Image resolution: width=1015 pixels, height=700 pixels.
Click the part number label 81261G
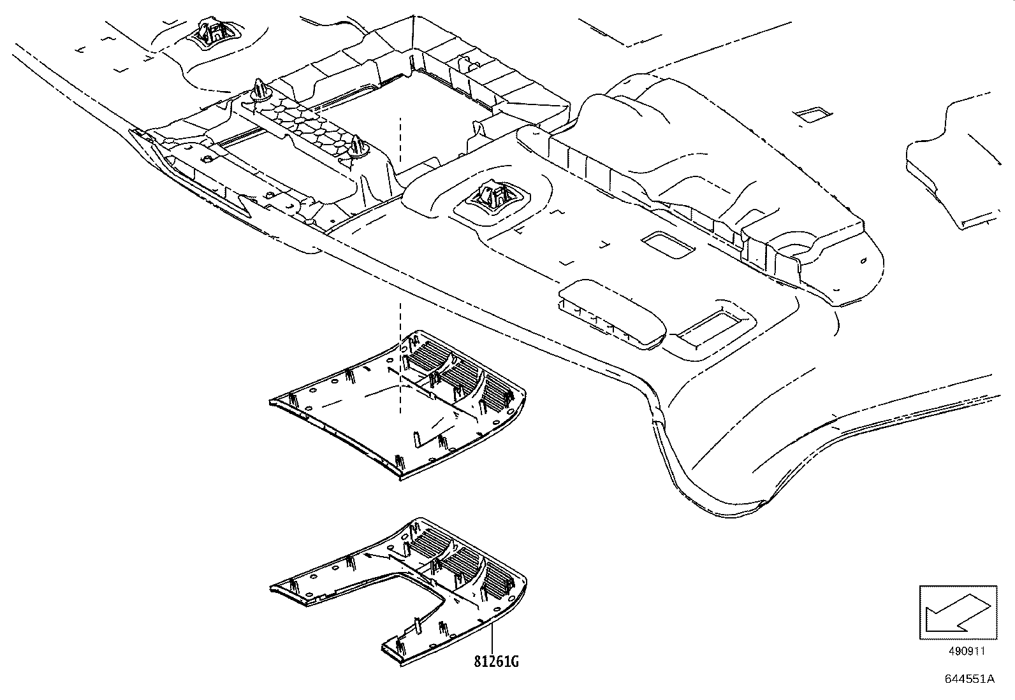pyautogui.click(x=495, y=662)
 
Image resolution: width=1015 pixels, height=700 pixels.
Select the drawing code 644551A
pyautogui.click(x=969, y=679)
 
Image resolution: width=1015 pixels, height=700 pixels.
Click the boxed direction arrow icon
pyautogui.click(x=956, y=612)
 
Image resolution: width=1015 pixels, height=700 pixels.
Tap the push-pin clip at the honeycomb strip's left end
pyautogui.click(x=259, y=89)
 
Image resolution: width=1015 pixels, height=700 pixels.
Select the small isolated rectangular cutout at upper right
pyautogui.click(x=813, y=115)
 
